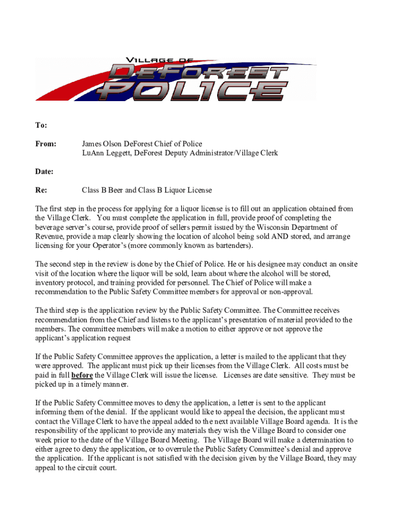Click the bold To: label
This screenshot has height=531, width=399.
coord(41,125)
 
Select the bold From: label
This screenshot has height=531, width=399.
coord(45,144)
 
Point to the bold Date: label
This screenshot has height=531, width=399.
coord(44,171)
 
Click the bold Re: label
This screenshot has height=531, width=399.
coord(41,190)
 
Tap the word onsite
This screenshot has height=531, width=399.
coord(346,264)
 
